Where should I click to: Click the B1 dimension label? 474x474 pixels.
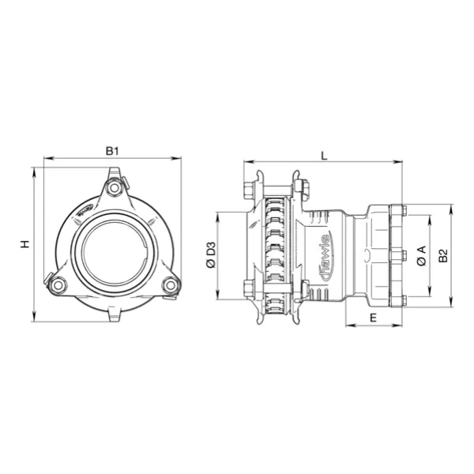pos(112,151)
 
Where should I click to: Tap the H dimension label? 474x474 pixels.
pos(25,245)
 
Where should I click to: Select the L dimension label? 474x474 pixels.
pos(325,156)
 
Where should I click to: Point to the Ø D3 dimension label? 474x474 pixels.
pos(210,256)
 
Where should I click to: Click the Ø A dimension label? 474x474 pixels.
pos(422,255)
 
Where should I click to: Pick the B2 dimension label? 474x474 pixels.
pos(444,255)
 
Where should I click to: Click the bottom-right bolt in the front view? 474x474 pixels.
pos(170,286)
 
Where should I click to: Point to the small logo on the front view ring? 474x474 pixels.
pos(85,209)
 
